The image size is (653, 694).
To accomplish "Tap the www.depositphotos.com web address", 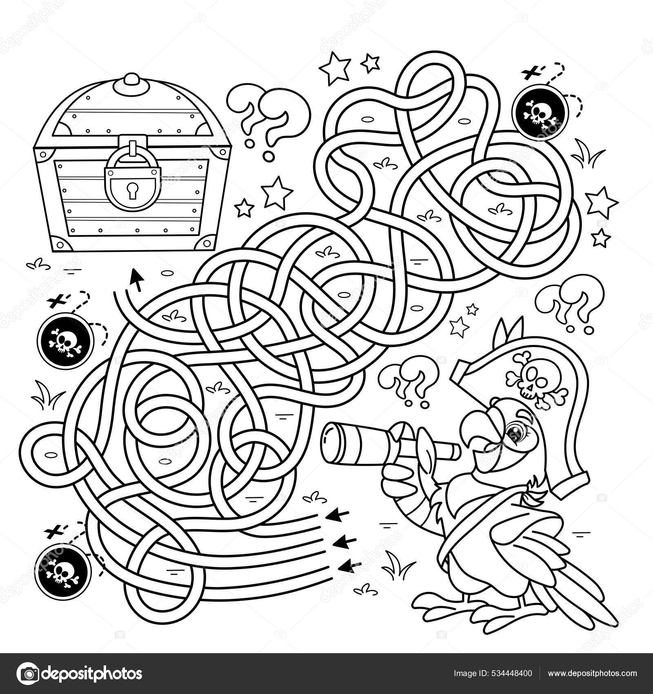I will (592, 673).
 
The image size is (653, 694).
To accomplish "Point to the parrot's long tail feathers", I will (588, 592).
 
